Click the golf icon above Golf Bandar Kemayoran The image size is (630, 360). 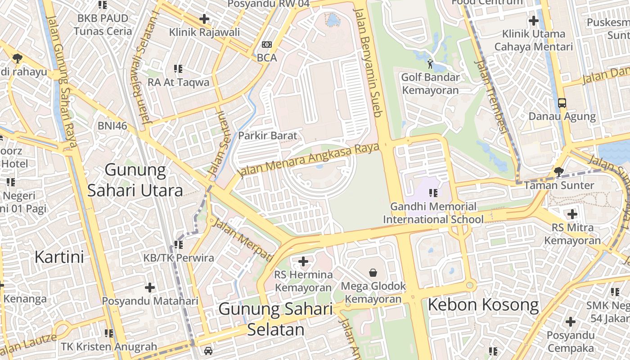430,64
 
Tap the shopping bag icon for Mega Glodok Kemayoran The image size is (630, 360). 373,272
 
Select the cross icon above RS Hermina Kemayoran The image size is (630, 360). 303,261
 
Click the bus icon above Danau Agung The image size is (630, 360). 562,103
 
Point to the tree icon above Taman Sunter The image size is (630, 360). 558,171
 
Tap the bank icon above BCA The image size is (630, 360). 267,44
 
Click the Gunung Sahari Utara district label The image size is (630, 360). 135,180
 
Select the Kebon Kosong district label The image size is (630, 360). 483,305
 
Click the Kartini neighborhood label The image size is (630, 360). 59,257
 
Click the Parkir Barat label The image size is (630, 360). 268,135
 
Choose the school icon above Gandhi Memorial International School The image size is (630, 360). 433,193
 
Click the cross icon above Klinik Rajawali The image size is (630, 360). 204,19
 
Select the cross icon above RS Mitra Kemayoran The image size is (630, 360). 572,214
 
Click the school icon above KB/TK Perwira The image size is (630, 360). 178,244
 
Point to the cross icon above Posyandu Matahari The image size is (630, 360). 150,287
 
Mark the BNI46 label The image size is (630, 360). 112,126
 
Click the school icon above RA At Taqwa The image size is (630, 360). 178,69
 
